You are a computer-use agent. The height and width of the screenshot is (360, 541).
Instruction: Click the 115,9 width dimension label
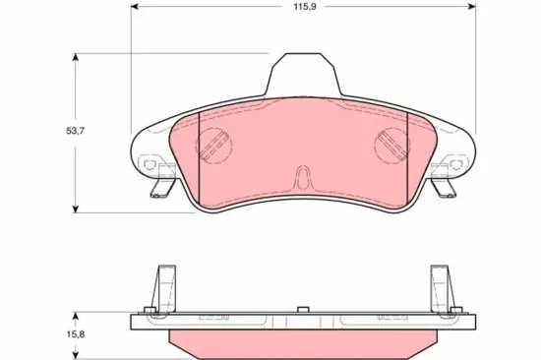click(305, 7)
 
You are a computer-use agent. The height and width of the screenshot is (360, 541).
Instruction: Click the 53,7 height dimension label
click(75, 131)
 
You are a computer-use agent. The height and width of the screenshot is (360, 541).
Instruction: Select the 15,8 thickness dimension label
click(75, 334)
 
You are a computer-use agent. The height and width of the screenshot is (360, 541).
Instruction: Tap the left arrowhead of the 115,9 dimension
click(135, 6)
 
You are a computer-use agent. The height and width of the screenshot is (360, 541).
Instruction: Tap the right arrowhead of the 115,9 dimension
click(471, 6)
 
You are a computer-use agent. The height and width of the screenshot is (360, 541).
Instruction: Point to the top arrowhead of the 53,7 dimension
click(76, 57)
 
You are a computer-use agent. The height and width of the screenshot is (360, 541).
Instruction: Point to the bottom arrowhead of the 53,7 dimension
click(76, 209)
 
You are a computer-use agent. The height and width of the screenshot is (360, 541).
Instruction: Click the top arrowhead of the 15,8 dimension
click(76, 317)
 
